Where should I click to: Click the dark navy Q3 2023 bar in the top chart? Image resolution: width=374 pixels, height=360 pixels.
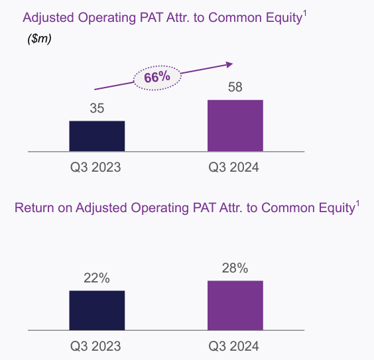pos(97,136)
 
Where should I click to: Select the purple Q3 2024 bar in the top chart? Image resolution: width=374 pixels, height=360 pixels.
pos(235,126)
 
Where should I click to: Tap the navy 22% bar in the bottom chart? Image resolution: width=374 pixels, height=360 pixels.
pos(97,310)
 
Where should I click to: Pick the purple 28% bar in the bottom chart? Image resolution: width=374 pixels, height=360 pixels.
pos(235,306)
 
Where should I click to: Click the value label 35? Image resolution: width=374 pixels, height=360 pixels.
pos(97,108)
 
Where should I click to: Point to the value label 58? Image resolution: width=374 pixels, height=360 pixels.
pos(235,87)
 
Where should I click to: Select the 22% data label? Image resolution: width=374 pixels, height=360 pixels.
pos(97,278)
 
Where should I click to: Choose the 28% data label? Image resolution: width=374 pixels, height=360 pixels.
pos(235,268)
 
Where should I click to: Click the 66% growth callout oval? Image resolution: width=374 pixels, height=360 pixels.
pos(157,78)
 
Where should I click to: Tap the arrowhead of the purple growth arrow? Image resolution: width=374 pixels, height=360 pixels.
pos(229,64)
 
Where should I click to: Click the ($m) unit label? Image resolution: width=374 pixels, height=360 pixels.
pos(39,38)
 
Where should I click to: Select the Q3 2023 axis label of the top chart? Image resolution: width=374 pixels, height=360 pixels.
pos(95,167)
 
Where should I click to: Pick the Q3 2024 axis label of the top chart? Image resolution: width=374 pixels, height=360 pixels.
pos(233,167)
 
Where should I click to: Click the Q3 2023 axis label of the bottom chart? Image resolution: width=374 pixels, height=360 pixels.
pos(95,346)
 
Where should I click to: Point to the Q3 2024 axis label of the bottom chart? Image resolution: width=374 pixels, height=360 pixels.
pos(233,346)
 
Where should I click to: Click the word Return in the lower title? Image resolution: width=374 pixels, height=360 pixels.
pos(34,208)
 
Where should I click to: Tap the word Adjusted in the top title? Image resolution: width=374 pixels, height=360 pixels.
pos(48,18)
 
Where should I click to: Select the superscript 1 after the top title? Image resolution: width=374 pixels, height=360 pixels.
pos(304,14)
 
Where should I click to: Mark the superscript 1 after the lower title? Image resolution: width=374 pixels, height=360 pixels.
pos(357,204)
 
